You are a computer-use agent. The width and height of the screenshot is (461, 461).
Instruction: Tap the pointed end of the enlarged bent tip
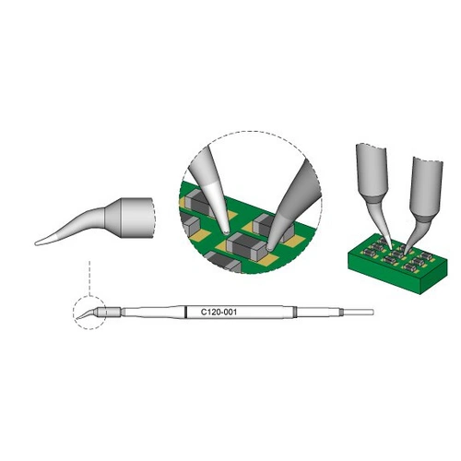tap(38, 242)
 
